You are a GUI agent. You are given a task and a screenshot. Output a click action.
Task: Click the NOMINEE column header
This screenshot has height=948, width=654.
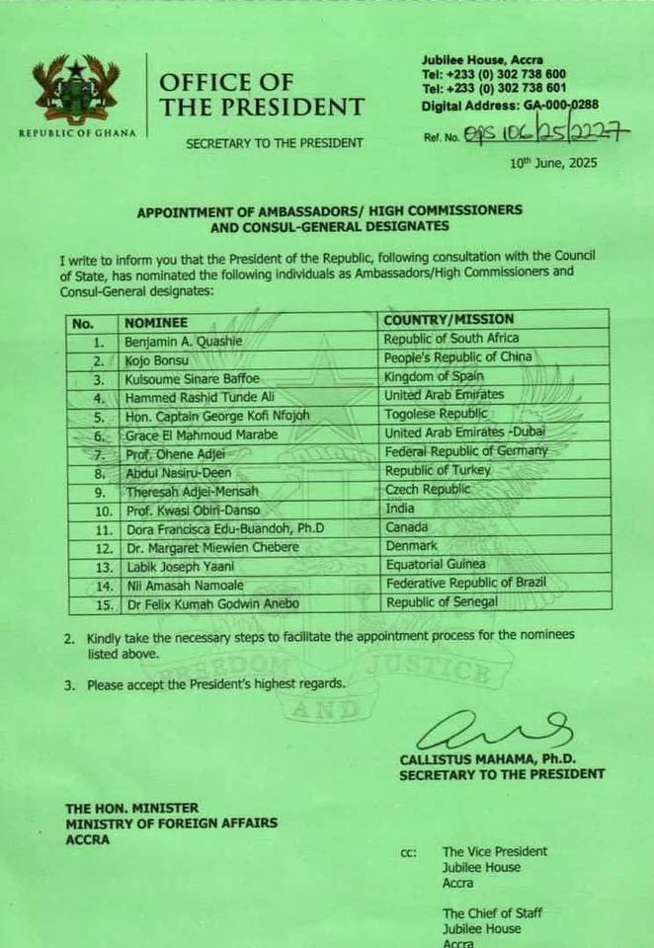[156, 322]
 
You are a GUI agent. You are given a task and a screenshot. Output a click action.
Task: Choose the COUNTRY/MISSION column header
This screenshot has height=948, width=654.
[449, 320]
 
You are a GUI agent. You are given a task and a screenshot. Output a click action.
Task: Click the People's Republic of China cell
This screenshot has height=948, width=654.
[457, 357]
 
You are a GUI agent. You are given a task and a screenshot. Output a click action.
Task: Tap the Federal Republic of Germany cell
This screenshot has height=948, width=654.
[465, 451]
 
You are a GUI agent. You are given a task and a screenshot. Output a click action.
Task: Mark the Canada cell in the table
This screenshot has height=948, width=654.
[407, 527]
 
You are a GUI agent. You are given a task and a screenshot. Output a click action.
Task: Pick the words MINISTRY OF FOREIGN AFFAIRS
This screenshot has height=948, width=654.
[172, 823]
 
